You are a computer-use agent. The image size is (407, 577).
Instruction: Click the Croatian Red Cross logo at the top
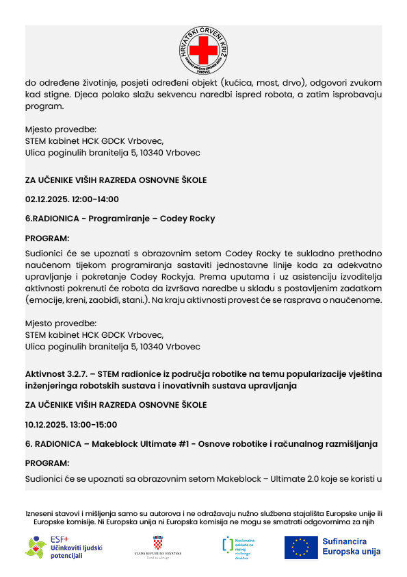coord(203,50)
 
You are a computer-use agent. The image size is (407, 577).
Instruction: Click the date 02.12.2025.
coord(49,199)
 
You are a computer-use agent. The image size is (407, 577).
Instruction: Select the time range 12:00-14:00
coord(96,199)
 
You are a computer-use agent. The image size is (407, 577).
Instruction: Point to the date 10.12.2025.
coord(48,424)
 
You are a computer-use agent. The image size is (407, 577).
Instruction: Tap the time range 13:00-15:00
coord(95,424)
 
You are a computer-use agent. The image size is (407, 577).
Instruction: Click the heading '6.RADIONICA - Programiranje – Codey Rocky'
coord(120,219)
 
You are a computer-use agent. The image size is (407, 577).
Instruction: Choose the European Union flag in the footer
coord(301,547)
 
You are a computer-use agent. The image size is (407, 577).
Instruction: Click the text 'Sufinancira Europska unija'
coord(351,546)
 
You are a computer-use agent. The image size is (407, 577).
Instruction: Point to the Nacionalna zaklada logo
coord(236,547)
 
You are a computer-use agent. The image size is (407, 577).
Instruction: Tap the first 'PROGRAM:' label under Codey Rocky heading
coord(47,238)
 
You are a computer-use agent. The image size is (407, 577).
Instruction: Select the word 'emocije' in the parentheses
coord(45,300)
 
